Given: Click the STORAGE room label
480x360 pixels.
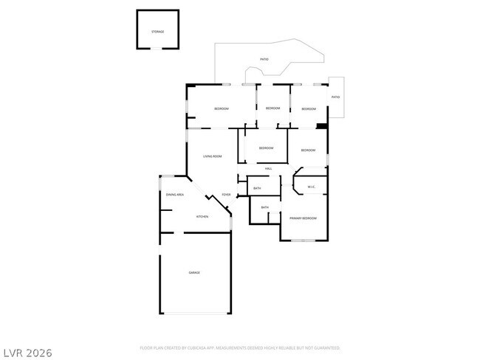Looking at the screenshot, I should click(x=157, y=32).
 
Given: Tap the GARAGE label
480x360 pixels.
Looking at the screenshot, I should click(x=194, y=273).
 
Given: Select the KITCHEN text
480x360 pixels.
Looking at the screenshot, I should click(x=202, y=216).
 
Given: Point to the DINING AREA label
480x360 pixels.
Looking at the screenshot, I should click(x=175, y=194).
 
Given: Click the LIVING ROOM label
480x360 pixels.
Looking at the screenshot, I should click(x=213, y=156).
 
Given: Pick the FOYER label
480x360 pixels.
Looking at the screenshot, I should click(x=226, y=195).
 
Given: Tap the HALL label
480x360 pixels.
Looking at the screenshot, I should click(x=269, y=169).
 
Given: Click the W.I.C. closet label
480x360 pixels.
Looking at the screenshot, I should click(x=312, y=187).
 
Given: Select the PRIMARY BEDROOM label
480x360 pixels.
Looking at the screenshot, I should click(x=303, y=218).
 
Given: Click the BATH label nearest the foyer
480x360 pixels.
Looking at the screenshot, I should click(x=257, y=188).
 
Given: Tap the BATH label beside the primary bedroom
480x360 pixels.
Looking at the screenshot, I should click(x=264, y=207).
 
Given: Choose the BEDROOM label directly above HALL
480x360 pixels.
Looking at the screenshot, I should click(x=266, y=148).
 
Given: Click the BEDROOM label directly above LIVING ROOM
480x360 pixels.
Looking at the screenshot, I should click(x=222, y=108).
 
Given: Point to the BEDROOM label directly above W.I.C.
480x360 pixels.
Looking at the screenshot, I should click(x=309, y=151).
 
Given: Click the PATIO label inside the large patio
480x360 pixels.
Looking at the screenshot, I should click(x=264, y=59).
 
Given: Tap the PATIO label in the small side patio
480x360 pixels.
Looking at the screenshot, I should click(x=335, y=97).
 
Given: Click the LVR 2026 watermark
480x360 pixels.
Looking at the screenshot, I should click(x=27, y=352).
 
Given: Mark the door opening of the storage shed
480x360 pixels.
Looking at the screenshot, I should click(x=157, y=49).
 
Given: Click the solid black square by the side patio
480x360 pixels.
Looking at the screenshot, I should click(x=321, y=126).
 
